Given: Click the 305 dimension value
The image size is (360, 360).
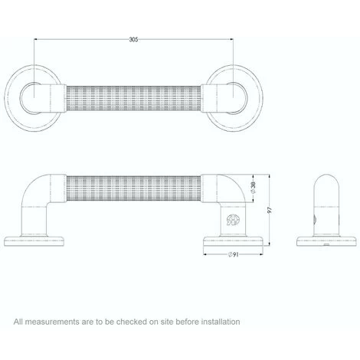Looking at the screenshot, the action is (x=133, y=40).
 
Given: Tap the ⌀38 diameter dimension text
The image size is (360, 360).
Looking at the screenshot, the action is (x=254, y=188).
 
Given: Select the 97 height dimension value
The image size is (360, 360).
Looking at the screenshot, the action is (x=270, y=210).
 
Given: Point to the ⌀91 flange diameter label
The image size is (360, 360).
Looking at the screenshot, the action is (x=233, y=254).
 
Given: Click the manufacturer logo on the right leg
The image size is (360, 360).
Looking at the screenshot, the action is (x=233, y=220).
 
